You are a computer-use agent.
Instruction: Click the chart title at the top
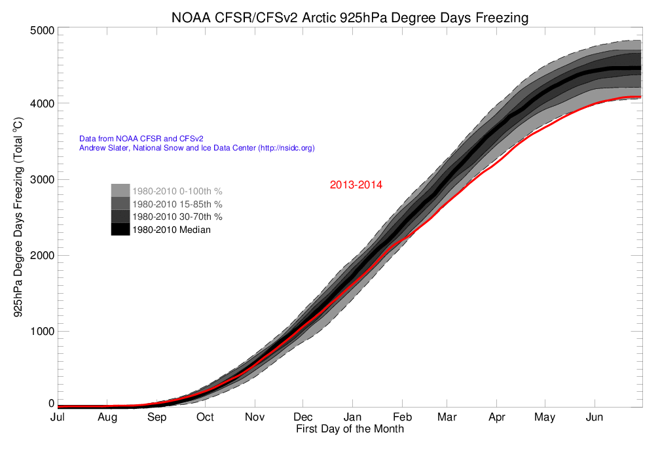tap(349, 18)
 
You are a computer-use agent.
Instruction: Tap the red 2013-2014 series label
tap(356, 185)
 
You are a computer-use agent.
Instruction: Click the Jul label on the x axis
tap(58, 417)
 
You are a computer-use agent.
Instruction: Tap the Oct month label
tap(205, 417)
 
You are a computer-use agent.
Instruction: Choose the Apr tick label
tap(496, 417)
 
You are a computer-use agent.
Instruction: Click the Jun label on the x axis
tap(594, 417)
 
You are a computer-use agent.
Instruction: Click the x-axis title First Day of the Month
tap(350, 429)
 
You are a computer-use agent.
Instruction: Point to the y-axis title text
tap(19, 216)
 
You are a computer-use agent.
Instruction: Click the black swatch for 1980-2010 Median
tap(120, 229)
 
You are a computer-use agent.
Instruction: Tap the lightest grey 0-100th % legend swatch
tap(120, 190)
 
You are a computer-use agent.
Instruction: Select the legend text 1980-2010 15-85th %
tap(177, 204)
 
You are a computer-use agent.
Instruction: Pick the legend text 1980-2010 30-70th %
tap(177, 217)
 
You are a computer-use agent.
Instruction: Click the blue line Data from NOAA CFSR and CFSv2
tap(141, 139)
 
